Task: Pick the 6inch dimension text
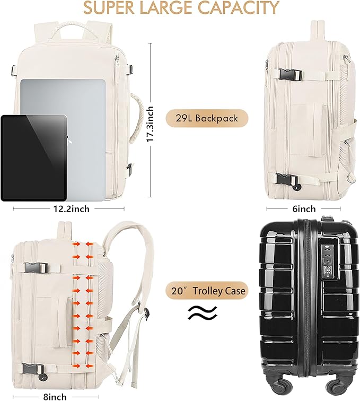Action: (304, 208)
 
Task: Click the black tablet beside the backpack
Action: (33, 158)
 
